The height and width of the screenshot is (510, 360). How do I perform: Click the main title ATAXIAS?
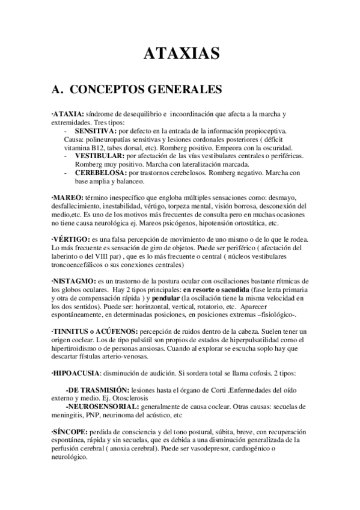click(x=180, y=55)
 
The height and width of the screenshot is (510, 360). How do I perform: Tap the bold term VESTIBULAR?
click(x=97, y=156)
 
